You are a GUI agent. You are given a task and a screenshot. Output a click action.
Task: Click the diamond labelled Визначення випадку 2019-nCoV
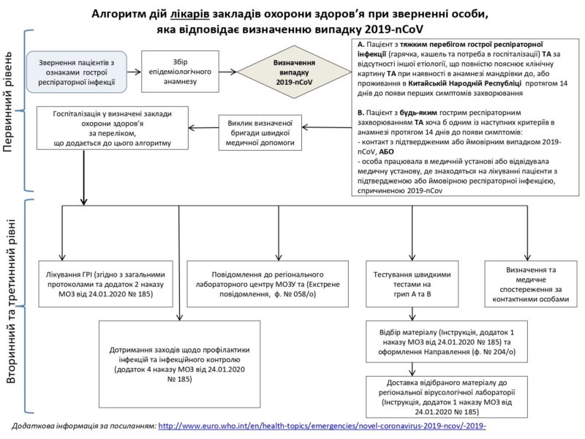tap(295, 72)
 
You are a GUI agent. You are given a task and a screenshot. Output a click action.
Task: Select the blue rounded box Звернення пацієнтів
tap(77, 72)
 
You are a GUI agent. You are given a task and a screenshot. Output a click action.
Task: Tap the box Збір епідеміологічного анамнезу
tap(180, 72)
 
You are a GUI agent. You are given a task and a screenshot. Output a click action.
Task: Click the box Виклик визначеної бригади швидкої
tap(260, 132)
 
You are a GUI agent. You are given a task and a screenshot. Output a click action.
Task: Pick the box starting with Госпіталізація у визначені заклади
tap(113, 128)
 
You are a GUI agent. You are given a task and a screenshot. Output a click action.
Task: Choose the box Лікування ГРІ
tap(105, 284)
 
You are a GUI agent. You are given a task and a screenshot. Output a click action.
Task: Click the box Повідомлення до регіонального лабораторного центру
tap(268, 284)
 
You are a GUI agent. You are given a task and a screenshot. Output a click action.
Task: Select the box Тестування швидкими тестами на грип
tap(412, 284)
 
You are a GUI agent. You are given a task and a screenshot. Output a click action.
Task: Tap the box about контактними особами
tap(531, 284)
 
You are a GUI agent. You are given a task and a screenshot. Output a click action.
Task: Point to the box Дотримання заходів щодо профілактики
tap(179, 364)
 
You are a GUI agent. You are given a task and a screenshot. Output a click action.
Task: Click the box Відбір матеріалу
tap(447, 342)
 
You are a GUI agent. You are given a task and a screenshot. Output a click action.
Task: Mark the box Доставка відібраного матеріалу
tap(447, 397)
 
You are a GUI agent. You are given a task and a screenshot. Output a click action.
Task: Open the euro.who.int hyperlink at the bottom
tap(322, 426)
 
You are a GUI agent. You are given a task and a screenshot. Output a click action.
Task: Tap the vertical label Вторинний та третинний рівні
tap(11, 301)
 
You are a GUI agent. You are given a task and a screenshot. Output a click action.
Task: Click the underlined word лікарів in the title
tap(190, 14)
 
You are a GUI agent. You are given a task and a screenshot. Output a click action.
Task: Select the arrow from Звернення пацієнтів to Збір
tap(135, 72)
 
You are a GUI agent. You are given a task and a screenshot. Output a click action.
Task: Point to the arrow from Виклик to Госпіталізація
tap(204, 128)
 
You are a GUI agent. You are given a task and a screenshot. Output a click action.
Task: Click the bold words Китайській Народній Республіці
tap(464, 83)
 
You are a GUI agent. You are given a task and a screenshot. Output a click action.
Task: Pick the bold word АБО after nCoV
tap(387, 151)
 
